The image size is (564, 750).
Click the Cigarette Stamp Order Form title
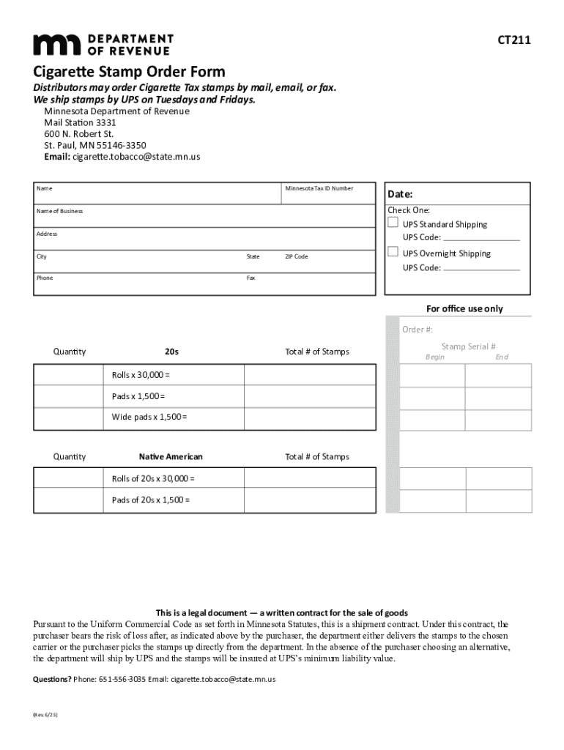click(129, 72)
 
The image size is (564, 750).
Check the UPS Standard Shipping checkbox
click(393, 223)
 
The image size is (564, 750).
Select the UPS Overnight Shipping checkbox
click(393, 253)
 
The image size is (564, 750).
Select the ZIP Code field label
click(296, 257)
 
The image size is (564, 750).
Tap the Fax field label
click(251, 278)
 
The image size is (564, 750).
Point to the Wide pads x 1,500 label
click(149, 417)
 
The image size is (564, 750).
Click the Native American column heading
click(171, 457)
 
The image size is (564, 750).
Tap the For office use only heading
click(464, 308)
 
